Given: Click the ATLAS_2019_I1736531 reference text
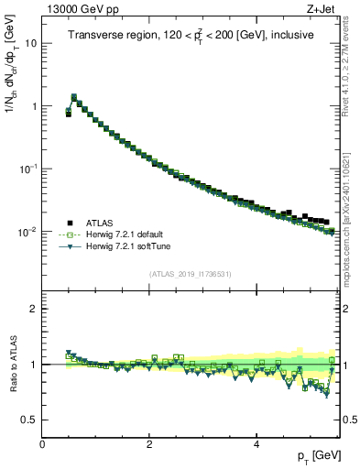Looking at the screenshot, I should pyautogui.click(x=191, y=274).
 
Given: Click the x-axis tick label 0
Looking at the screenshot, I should pyautogui.click(x=42, y=444).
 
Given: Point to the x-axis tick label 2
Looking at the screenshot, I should pyautogui.click(x=149, y=444).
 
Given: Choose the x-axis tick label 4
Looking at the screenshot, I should pyautogui.click(x=256, y=444).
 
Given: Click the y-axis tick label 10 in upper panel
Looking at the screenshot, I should pyautogui.click(x=29, y=43).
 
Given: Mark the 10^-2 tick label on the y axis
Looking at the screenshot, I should pyautogui.click(x=27, y=233).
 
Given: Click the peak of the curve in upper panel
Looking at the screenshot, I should pyautogui.click(x=74, y=95).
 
